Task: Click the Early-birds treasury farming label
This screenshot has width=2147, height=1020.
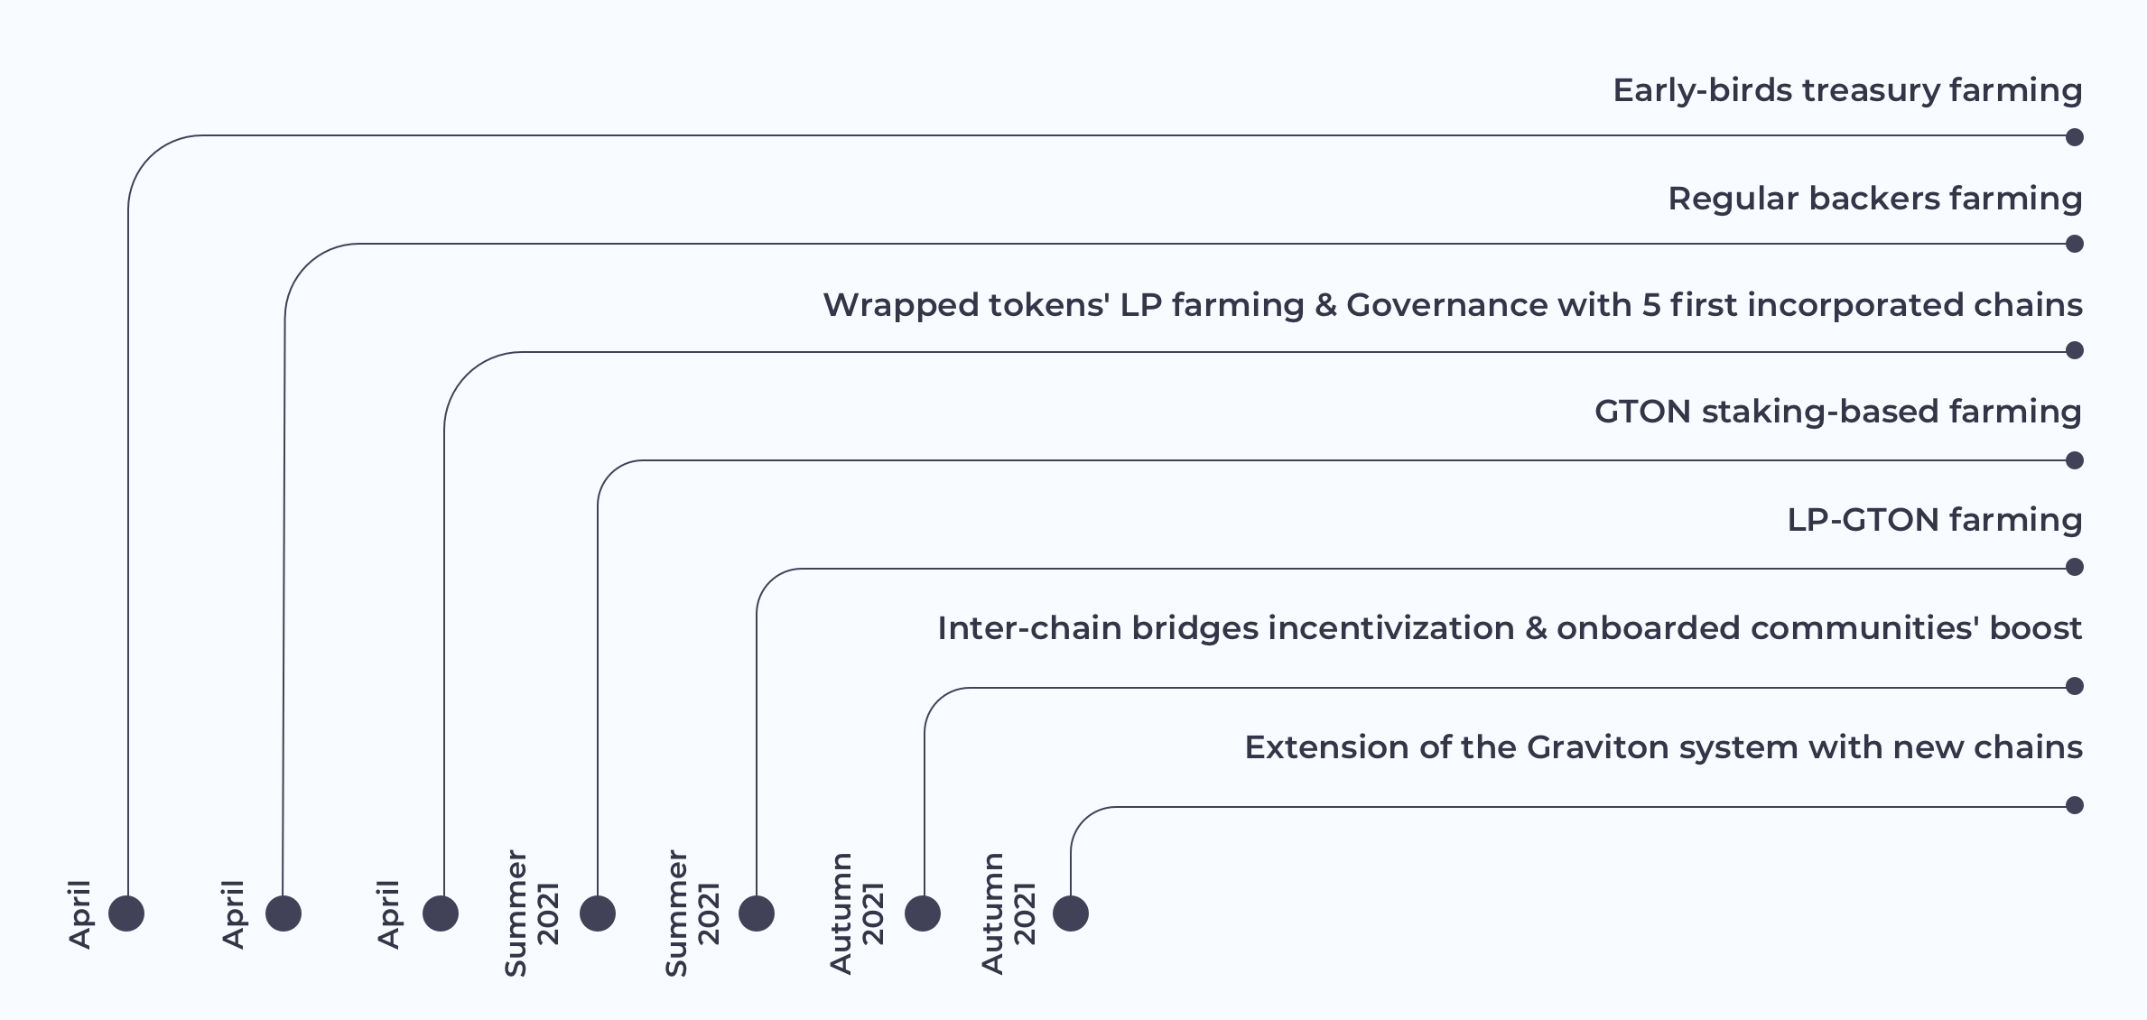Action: pos(1847,91)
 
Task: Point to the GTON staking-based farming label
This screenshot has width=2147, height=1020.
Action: pos(1838,413)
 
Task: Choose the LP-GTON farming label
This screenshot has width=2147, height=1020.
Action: pos(1935,521)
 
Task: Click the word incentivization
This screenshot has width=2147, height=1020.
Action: pos(1391,628)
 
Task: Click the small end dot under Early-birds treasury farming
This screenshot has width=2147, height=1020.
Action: pos(2075,137)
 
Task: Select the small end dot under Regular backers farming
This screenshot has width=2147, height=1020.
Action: pos(2075,244)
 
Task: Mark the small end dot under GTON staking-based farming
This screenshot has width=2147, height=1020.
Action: pos(2075,460)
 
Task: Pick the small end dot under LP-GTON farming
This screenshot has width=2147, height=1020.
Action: pos(2075,567)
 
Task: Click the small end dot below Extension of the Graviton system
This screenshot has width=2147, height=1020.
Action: pos(2075,805)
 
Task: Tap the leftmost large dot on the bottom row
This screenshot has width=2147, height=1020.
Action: pos(126,913)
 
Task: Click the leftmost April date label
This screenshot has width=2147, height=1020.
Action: pos(80,914)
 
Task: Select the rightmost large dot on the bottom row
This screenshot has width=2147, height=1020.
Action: pos(1071,913)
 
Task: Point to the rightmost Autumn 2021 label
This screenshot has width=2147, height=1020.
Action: pos(1008,913)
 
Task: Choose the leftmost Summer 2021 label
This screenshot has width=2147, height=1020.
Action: pos(532,913)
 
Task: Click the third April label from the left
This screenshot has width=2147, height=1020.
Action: pos(388,914)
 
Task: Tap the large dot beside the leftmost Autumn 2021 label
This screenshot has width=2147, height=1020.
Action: pos(923,913)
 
